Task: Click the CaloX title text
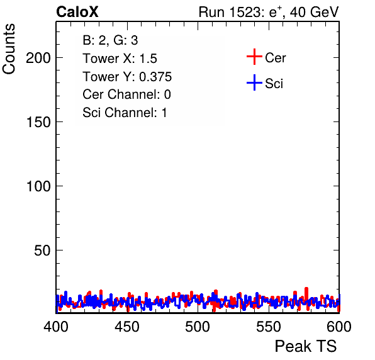77,12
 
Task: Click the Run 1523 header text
269,12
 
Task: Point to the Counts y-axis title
9,49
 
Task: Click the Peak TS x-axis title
306,346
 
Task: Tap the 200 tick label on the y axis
38,58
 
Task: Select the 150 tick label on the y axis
38,122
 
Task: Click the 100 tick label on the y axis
38,186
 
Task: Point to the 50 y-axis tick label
42,250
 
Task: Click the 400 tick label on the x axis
56,327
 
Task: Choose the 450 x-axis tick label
126,327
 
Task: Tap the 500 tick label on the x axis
198,327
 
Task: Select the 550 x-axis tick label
268,327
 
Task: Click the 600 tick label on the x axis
339,327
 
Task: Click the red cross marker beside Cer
254,57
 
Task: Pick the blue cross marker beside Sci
254,83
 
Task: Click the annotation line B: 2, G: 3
110,40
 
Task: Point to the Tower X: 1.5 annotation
120,59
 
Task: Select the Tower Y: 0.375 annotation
127,77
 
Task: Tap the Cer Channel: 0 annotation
126,94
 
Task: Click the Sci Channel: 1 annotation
125,113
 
